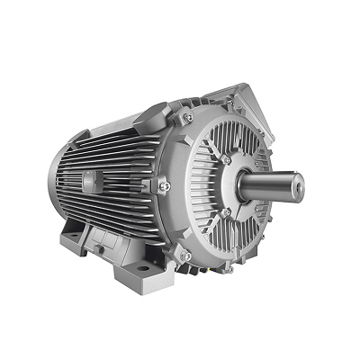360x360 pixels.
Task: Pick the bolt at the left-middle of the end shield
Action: pos(164,185)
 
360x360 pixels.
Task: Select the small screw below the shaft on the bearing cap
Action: pos(226,212)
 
